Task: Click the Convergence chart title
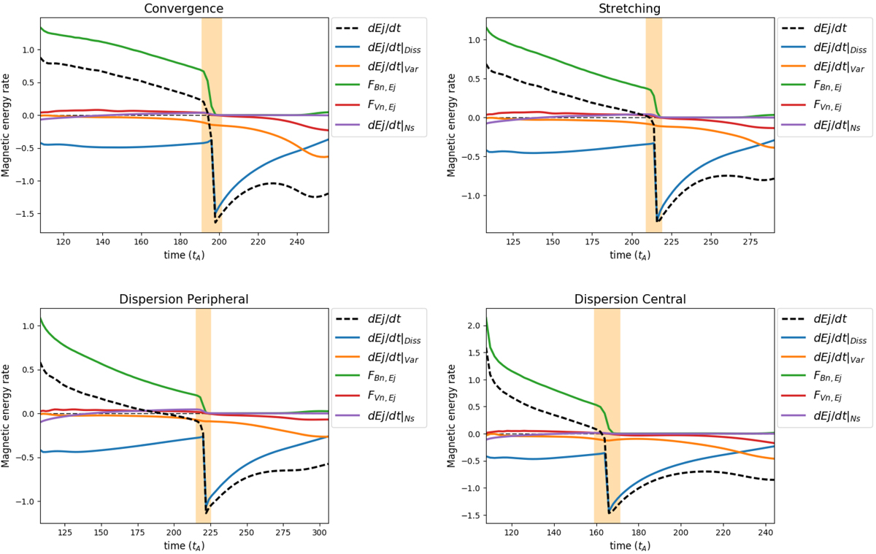click(x=184, y=8)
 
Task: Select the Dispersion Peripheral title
click(x=184, y=299)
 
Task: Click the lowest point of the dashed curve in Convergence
click(x=215, y=221)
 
